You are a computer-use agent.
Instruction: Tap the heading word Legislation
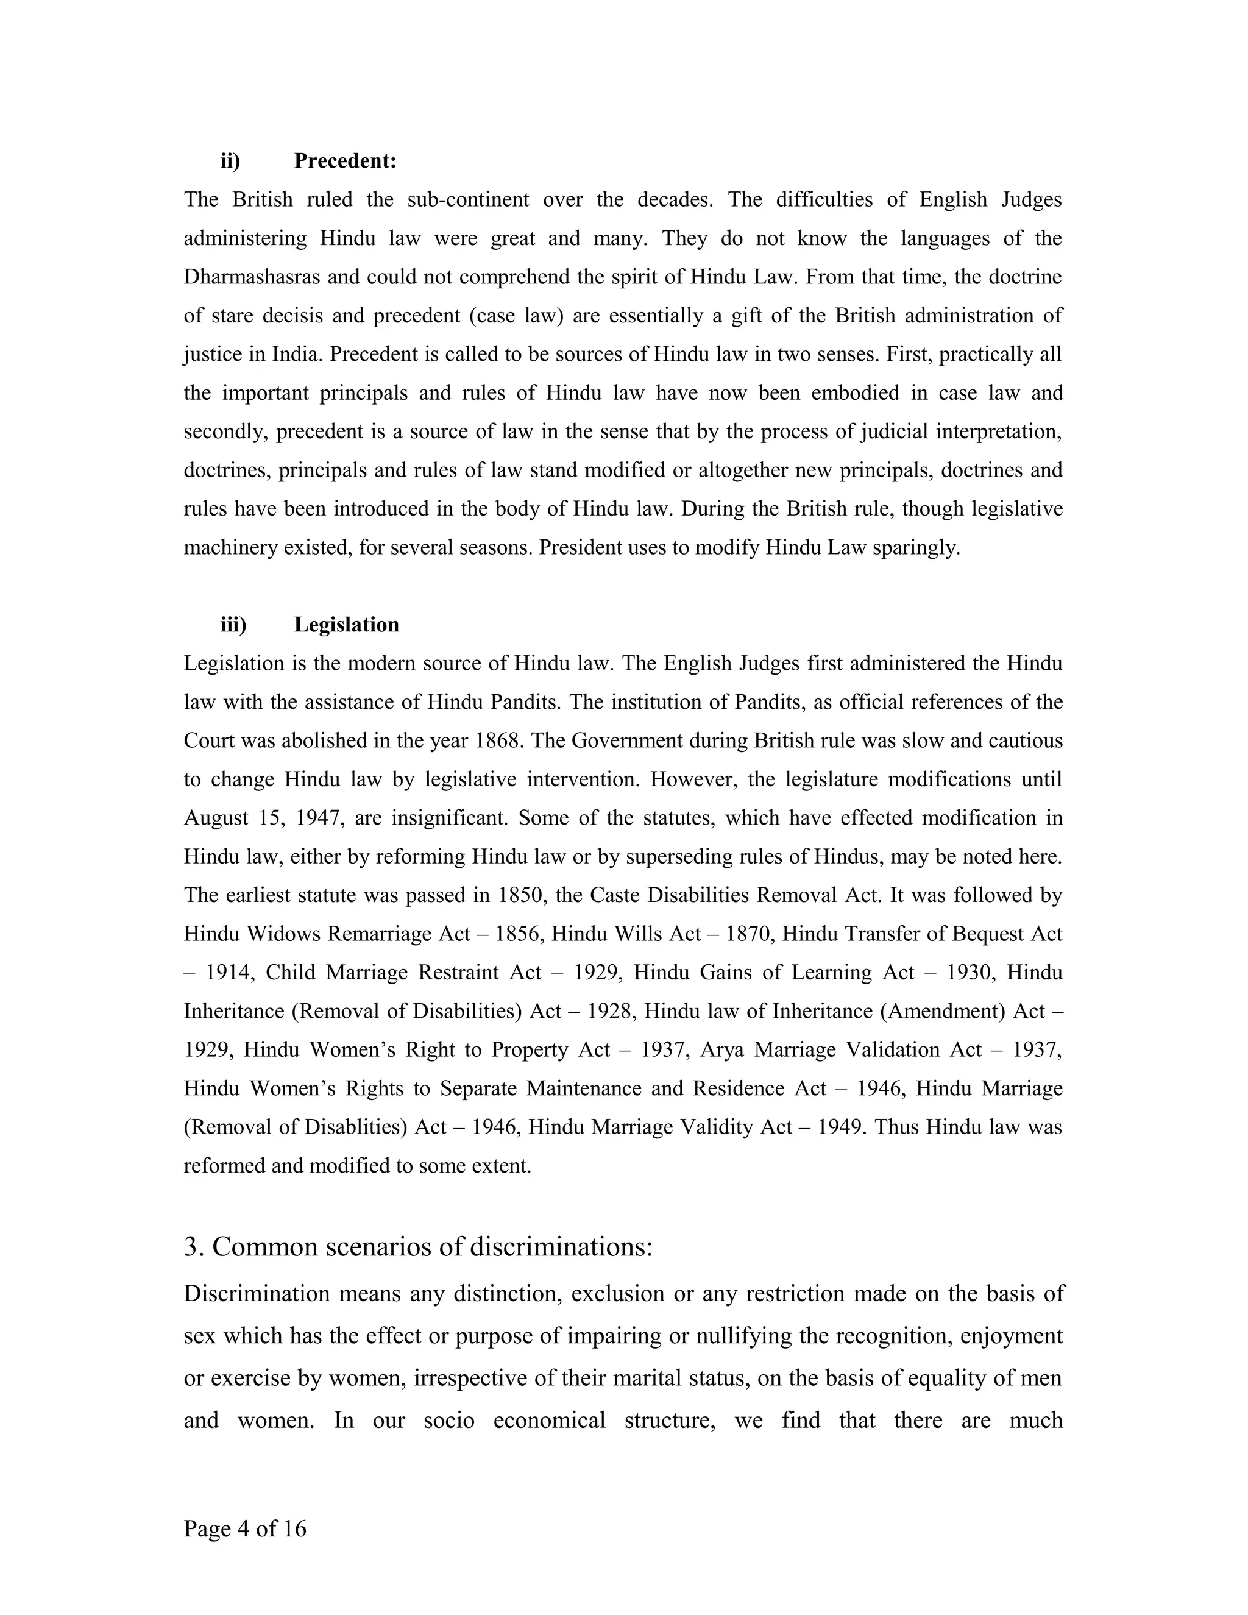point(346,624)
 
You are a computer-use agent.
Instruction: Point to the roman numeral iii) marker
point(233,624)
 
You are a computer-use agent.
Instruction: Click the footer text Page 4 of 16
point(245,1528)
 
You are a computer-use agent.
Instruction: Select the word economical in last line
point(549,1420)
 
